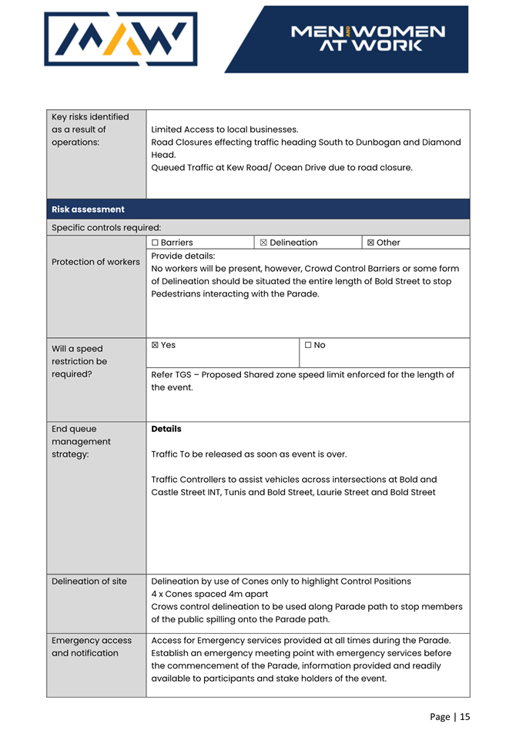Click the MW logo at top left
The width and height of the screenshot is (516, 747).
tap(120, 39)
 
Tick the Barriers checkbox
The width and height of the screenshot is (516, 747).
tap(156, 243)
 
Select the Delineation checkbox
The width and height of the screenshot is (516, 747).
tap(263, 243)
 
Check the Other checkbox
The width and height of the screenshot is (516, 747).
tap(371, 243)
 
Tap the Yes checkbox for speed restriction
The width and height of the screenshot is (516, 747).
tap(156, 345)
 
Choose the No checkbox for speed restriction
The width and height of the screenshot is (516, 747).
tap(308, 345)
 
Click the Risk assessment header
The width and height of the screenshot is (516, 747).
tap(88, 209)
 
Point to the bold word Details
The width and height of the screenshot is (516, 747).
tap(166, 429)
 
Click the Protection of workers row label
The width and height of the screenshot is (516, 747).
tap(95, 262)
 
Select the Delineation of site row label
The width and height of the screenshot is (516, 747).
tap(89, 581)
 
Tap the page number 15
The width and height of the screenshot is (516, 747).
tap(464, 717)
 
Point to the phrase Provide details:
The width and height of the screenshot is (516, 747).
tap(183, 256)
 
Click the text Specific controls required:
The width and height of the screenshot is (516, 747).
tap(106, 227)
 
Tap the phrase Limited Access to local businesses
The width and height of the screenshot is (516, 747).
tap(224, 129)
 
